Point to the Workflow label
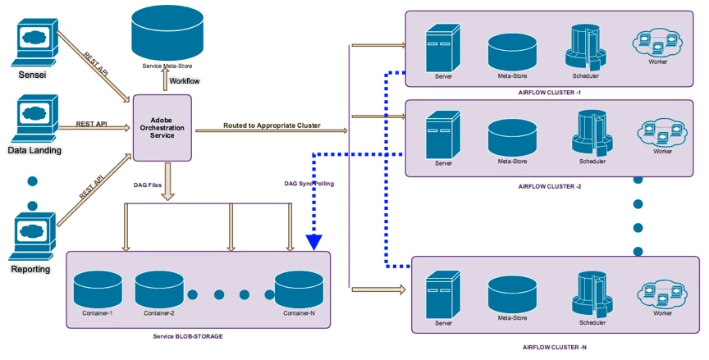tap(184, 81)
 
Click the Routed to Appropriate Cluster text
tap(271, 125)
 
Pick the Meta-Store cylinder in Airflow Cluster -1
tap(512, 52)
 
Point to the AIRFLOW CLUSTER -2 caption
tap(550, 186)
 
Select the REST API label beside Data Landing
tap(92, 124)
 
